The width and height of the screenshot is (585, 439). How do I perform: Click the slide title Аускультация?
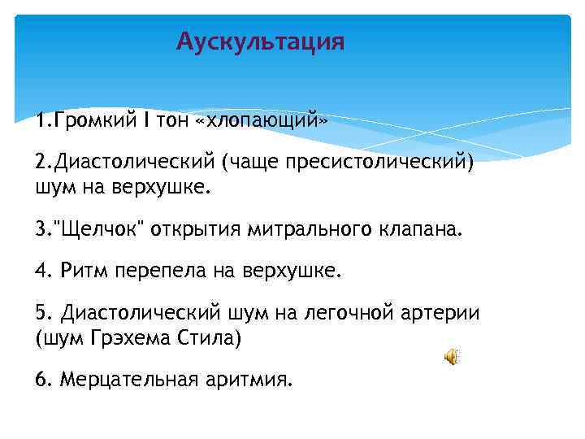[x=260, y=41]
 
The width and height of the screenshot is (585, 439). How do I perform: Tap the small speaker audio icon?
[x=452, y=356]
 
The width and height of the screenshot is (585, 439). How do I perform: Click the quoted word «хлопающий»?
[x=262, y=121]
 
